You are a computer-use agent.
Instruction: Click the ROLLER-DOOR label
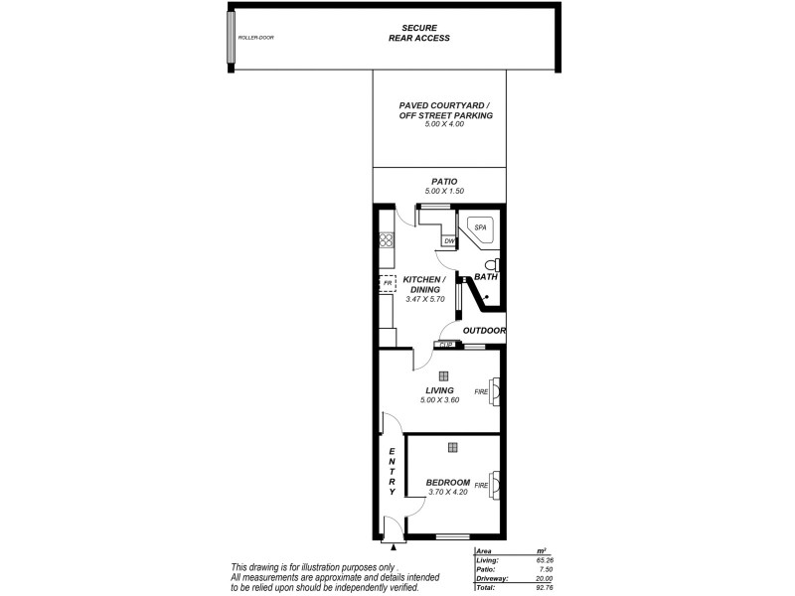point(255,38)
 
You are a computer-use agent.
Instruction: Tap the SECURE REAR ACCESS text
point(418,33)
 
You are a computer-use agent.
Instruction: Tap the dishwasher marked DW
point(449,240)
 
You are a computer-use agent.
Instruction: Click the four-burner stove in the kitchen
point(387,239)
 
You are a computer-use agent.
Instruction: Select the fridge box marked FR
point(388,284)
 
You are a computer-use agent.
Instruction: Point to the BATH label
point(485,277)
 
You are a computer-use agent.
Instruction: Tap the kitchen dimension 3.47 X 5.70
point(423,299)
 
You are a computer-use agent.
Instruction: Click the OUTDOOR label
point(485,331)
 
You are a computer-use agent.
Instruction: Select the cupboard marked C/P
point(446,345)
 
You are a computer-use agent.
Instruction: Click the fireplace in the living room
point(494,391)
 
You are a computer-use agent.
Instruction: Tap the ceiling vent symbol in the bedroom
point(452,447)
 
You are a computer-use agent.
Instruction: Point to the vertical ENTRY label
point(393,472)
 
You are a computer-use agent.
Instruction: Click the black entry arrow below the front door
point(395,545)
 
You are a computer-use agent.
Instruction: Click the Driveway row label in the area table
point(494,578)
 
